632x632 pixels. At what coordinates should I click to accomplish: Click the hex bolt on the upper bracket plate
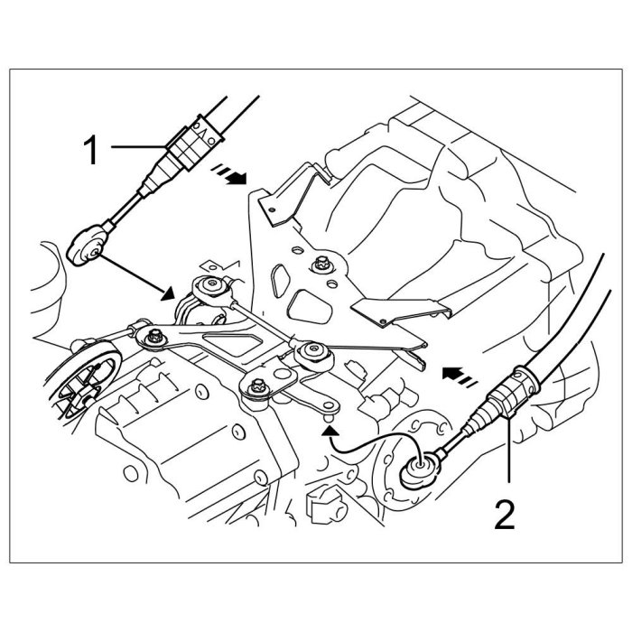click(x=320, y=265)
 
